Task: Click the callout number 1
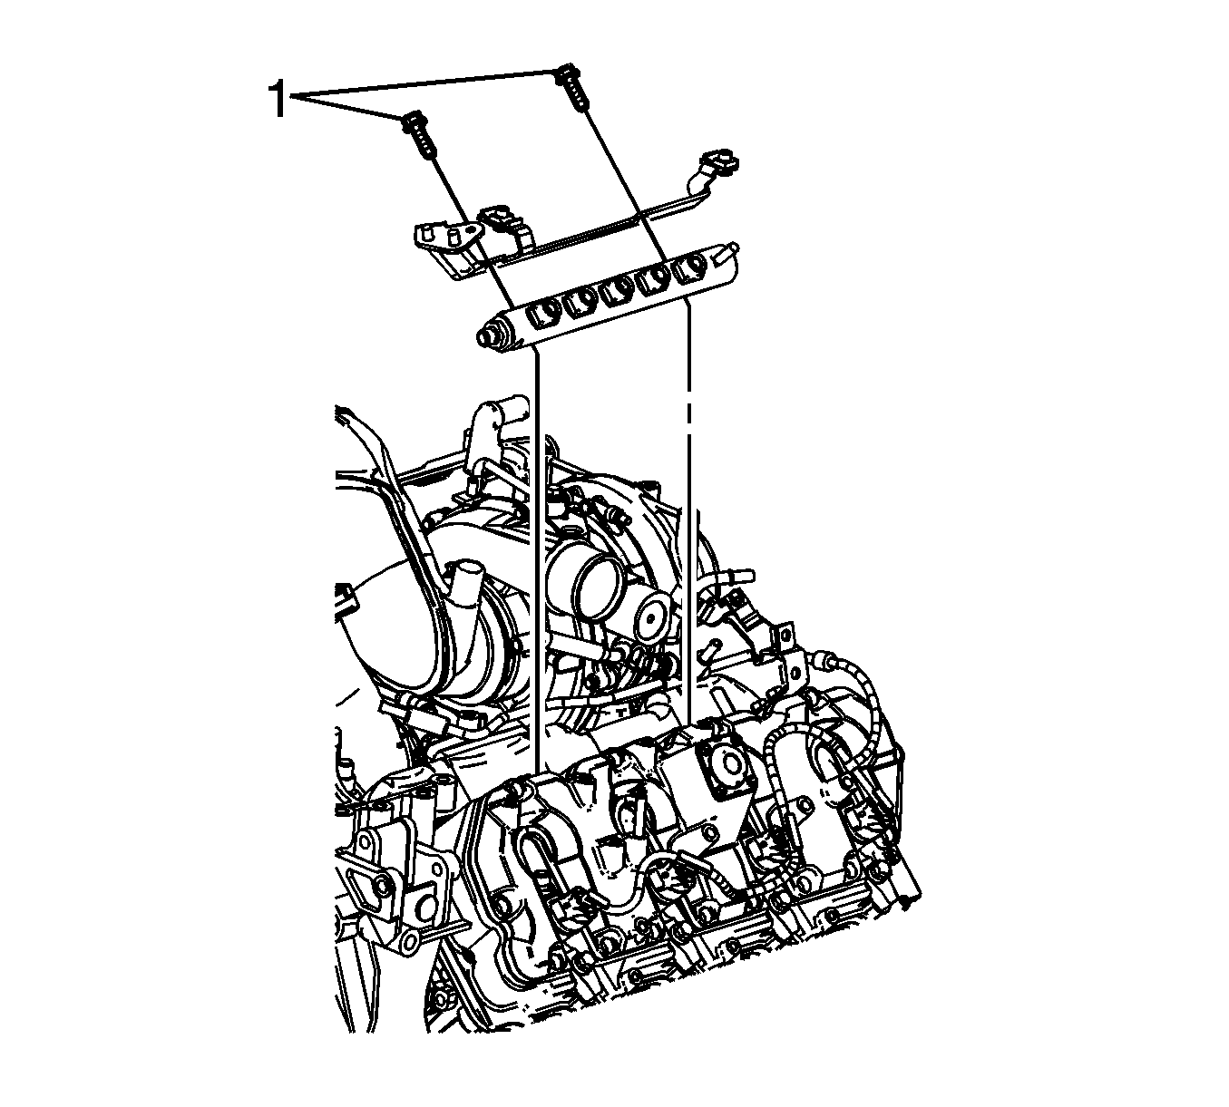click(x=278, y=100)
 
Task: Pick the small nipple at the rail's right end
click(x=732, y=248)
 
